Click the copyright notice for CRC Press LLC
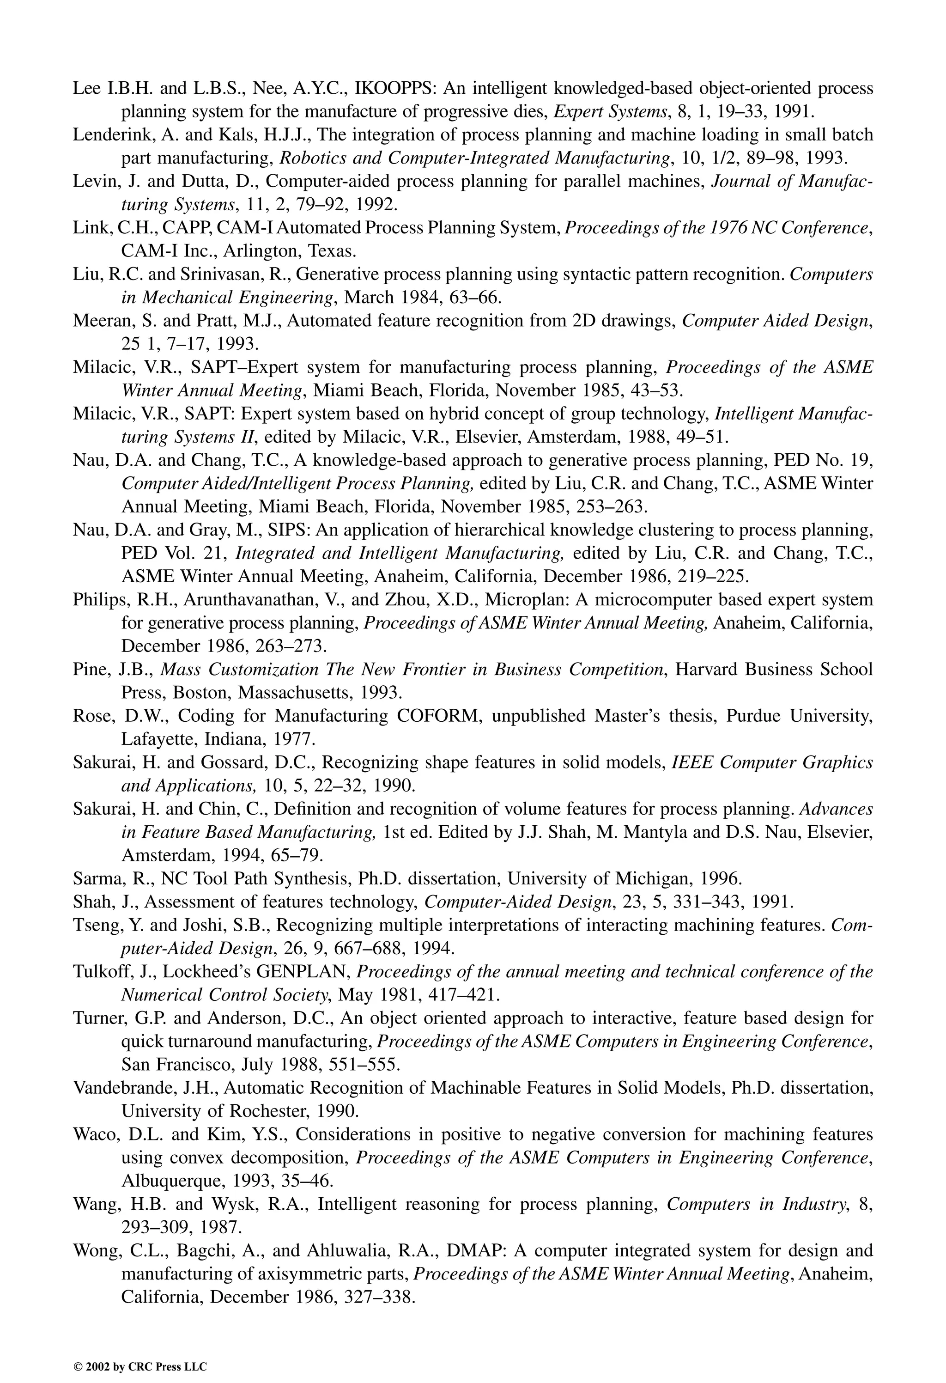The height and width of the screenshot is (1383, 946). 140,1351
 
